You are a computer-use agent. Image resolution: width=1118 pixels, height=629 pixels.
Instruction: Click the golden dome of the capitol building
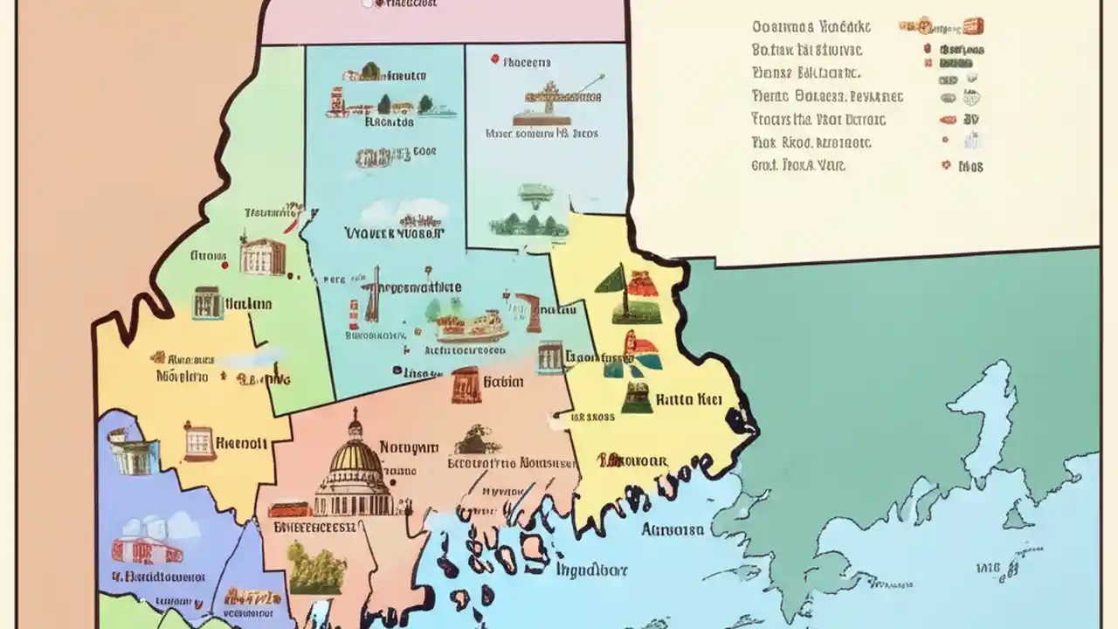pyautogui.click(x=354, y=457)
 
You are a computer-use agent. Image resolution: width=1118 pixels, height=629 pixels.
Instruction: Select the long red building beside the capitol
pyautogui.click(x=290, y=508)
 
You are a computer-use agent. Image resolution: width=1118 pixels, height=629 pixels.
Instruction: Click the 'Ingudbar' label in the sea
pyautogui.click(x=591, y=569)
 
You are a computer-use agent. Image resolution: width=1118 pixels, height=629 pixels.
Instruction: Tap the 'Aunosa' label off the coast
pyautogui.click(x=673, y=529)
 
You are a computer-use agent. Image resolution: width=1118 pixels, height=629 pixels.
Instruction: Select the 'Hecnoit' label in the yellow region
pyautogui.click(x=240, y=442)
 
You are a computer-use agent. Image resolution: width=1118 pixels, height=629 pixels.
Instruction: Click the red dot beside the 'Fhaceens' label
pyautogui.click(x=494, y=60)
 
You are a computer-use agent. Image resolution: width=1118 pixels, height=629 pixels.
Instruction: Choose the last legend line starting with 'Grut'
pyautogui.click(x=798, y=164)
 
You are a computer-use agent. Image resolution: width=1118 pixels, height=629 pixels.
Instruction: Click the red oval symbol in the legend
pyautogui.click(x=947, y=120)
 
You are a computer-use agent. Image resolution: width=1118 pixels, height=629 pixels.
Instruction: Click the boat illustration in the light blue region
pyautogui.click(x=472, y=327)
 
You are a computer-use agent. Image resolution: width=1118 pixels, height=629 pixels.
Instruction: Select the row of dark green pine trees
pyautogui.click(x=522, y=225)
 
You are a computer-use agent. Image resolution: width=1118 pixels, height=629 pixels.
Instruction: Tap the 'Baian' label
pyautogui.click(x=503, y=382)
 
